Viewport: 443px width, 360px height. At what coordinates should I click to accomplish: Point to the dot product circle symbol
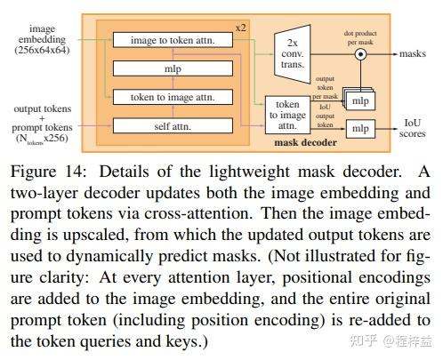(x=361, y=54)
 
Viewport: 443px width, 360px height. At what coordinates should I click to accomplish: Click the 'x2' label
(x=239, y=28)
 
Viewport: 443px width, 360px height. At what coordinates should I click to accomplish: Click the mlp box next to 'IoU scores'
(x=358, y=130)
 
